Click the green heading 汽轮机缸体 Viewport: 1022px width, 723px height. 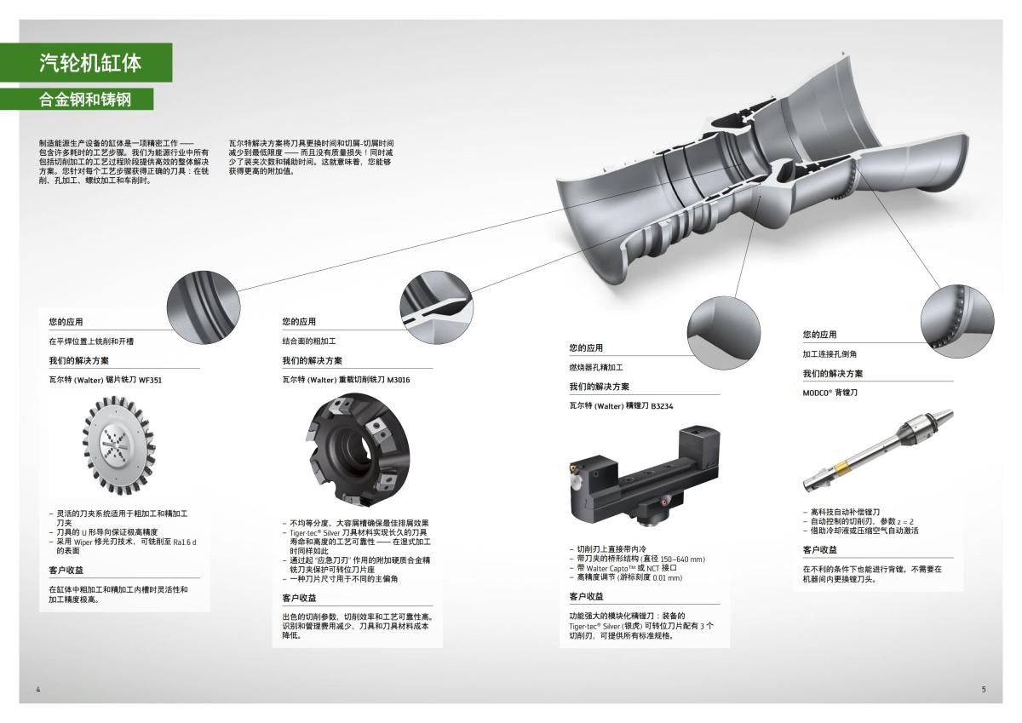click(x=89, y=62)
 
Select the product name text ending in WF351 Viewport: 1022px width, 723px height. click(x=105, y=380)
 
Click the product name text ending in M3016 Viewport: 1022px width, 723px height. click(x=346, y=380)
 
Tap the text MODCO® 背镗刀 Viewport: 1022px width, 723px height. click(x=830, y=393)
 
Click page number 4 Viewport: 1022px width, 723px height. click(x=38, y=688)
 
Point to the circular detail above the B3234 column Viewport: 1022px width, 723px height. click(x=724, y=328)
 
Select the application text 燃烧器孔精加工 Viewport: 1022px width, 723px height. click(x=596, y=367)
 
